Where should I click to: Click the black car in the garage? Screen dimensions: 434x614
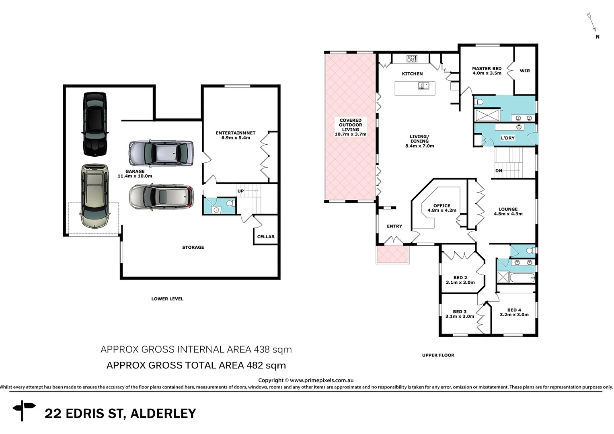(x=95, y=124)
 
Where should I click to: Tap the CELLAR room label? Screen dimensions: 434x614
(x=266, y=237)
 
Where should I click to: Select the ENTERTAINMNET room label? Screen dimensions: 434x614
(x=236, y=133)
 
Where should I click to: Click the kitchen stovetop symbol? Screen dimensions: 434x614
(x=412, y=59)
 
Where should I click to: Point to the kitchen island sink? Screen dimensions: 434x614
(x=423, y=85)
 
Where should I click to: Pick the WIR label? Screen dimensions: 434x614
(x=525, y=71)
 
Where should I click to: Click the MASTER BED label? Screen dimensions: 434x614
(x=487, y=69)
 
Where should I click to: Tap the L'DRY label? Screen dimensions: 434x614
(x=507, y=138)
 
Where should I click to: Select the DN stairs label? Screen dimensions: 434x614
(x=499, y=171)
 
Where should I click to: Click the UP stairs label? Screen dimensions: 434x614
(x=240, y=191)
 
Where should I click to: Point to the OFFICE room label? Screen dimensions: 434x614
(x=442, y=206)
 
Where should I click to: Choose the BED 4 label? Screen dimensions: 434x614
(x=514, y=310)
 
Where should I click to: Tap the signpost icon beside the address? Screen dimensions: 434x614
(x=24, y=410)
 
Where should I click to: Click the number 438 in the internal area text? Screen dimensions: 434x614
(x=261, y=350)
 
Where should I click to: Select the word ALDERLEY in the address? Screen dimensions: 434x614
(x=163, y=414)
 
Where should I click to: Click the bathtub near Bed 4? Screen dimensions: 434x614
(x=522, y=278)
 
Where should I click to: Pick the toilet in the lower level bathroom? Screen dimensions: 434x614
(x=230, y=203)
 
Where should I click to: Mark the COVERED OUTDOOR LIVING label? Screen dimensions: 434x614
(x=350, y=125)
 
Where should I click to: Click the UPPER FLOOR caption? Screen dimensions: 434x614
(x=438, y=355)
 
